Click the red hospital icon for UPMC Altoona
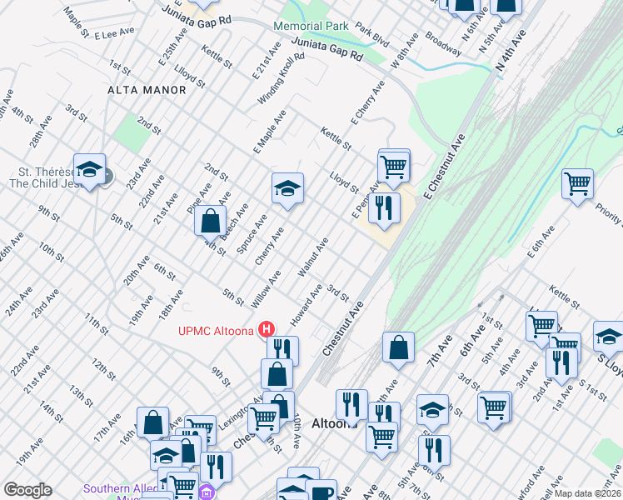coord(267,329)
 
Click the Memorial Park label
coord(312,26)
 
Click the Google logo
coord(27,490)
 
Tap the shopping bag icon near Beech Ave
coord(211,221)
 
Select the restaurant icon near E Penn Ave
coord(383,207)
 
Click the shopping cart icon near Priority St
coord(577,182)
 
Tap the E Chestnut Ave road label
coord(441,169)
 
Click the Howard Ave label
coord(306,305)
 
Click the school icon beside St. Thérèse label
coord(89,170)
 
